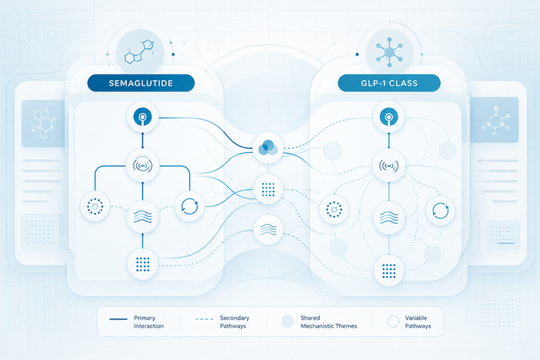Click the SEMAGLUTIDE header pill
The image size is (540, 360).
click(x=141, y=83)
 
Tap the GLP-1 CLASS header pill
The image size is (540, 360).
click(x=389, y=83)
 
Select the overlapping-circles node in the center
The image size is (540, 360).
click(x=268, y=148)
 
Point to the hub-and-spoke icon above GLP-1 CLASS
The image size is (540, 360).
click(x=389, y=52)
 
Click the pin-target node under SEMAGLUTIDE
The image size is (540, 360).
click(x=142, y=117)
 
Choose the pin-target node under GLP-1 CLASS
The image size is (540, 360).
click(x=388, y=117)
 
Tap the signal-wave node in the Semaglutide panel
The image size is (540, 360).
click(x=142, y=166)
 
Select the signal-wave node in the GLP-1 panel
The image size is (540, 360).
click(x=388, y=166)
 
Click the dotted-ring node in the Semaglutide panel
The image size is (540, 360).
click(x=95, y=206)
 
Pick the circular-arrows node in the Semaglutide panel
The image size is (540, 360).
click(x=190, y=206)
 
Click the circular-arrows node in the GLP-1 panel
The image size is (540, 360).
click(x=440, y=211)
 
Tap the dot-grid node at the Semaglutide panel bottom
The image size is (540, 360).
click(x=142, y=264)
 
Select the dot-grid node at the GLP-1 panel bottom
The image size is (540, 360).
click(x=388, y=271)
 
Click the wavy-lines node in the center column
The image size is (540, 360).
click(x=268, y=229)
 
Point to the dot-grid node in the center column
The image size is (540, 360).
click(x=268, y=189)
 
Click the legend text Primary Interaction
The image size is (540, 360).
click(x=148, y=322)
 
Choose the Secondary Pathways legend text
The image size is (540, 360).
click(x=235, y=322)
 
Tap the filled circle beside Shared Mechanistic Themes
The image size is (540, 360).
click(x=287, y=322)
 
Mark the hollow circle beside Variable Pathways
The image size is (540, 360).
click(x=393, y=322)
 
